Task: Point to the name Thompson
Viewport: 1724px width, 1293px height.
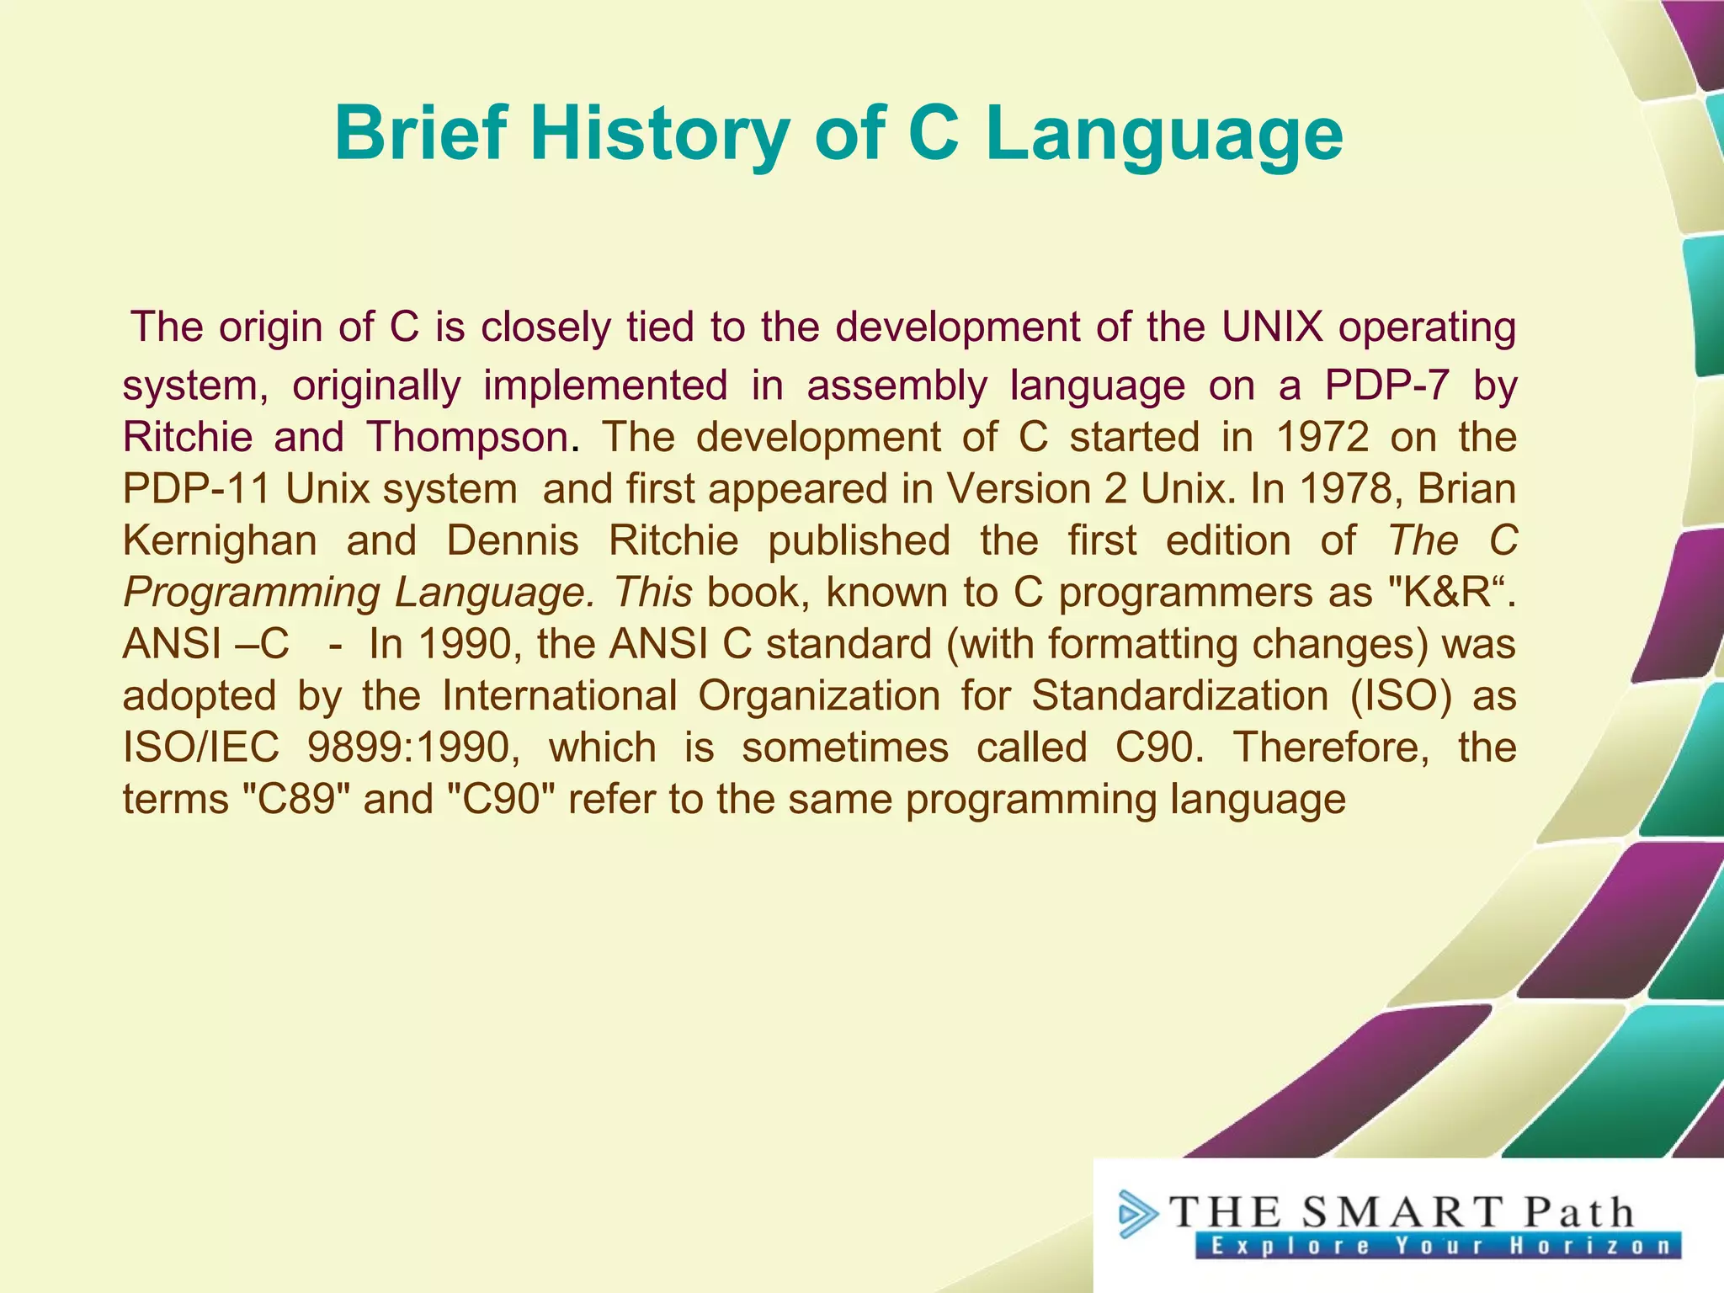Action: pyautogui.click(x=467, y=437)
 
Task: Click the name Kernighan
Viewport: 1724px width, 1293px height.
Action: pyautogui.click(x=220, y=540)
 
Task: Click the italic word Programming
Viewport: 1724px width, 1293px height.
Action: pyautogui.click(x=250, y=593)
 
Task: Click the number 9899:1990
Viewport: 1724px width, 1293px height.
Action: pyautogui.click(x=413, y=748)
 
